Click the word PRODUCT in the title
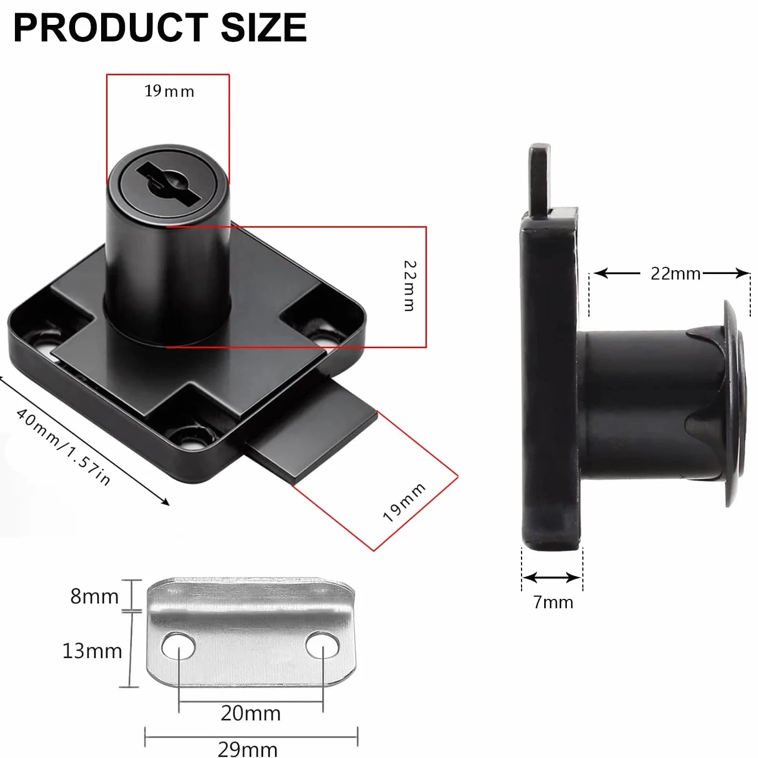click(x=110, y=28)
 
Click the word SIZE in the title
click(x=264, y=28)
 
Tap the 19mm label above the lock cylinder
click(x=169, y=91)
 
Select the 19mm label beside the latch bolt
click(x=404, y=502)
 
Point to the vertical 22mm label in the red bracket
click(x=409, y=286)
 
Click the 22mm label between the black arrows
click(x=675, y=273)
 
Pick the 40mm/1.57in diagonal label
click(x=63, y=448)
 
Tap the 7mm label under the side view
click(x=553, y=602)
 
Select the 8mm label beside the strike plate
click(x=94, y=596)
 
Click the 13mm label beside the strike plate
click(x=92, y=651)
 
